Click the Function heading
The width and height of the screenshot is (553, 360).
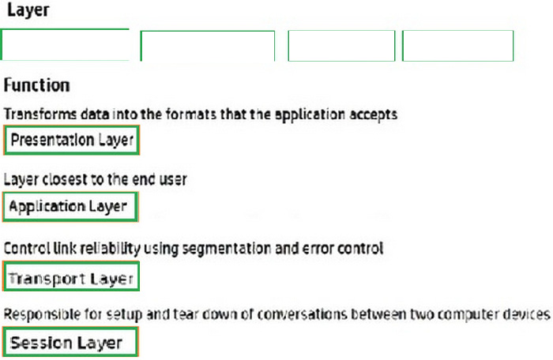coord(37,84)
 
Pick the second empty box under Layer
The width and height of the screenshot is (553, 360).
coord(208,46)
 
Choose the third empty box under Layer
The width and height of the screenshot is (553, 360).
coord(341,45)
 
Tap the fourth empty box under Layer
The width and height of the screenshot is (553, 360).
coord(457,45)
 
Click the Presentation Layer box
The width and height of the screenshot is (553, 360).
coord(72,141)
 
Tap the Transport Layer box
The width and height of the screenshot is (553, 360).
coord(71,278)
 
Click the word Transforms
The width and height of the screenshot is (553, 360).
coord(34,114)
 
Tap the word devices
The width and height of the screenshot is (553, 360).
coord(527,314)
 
